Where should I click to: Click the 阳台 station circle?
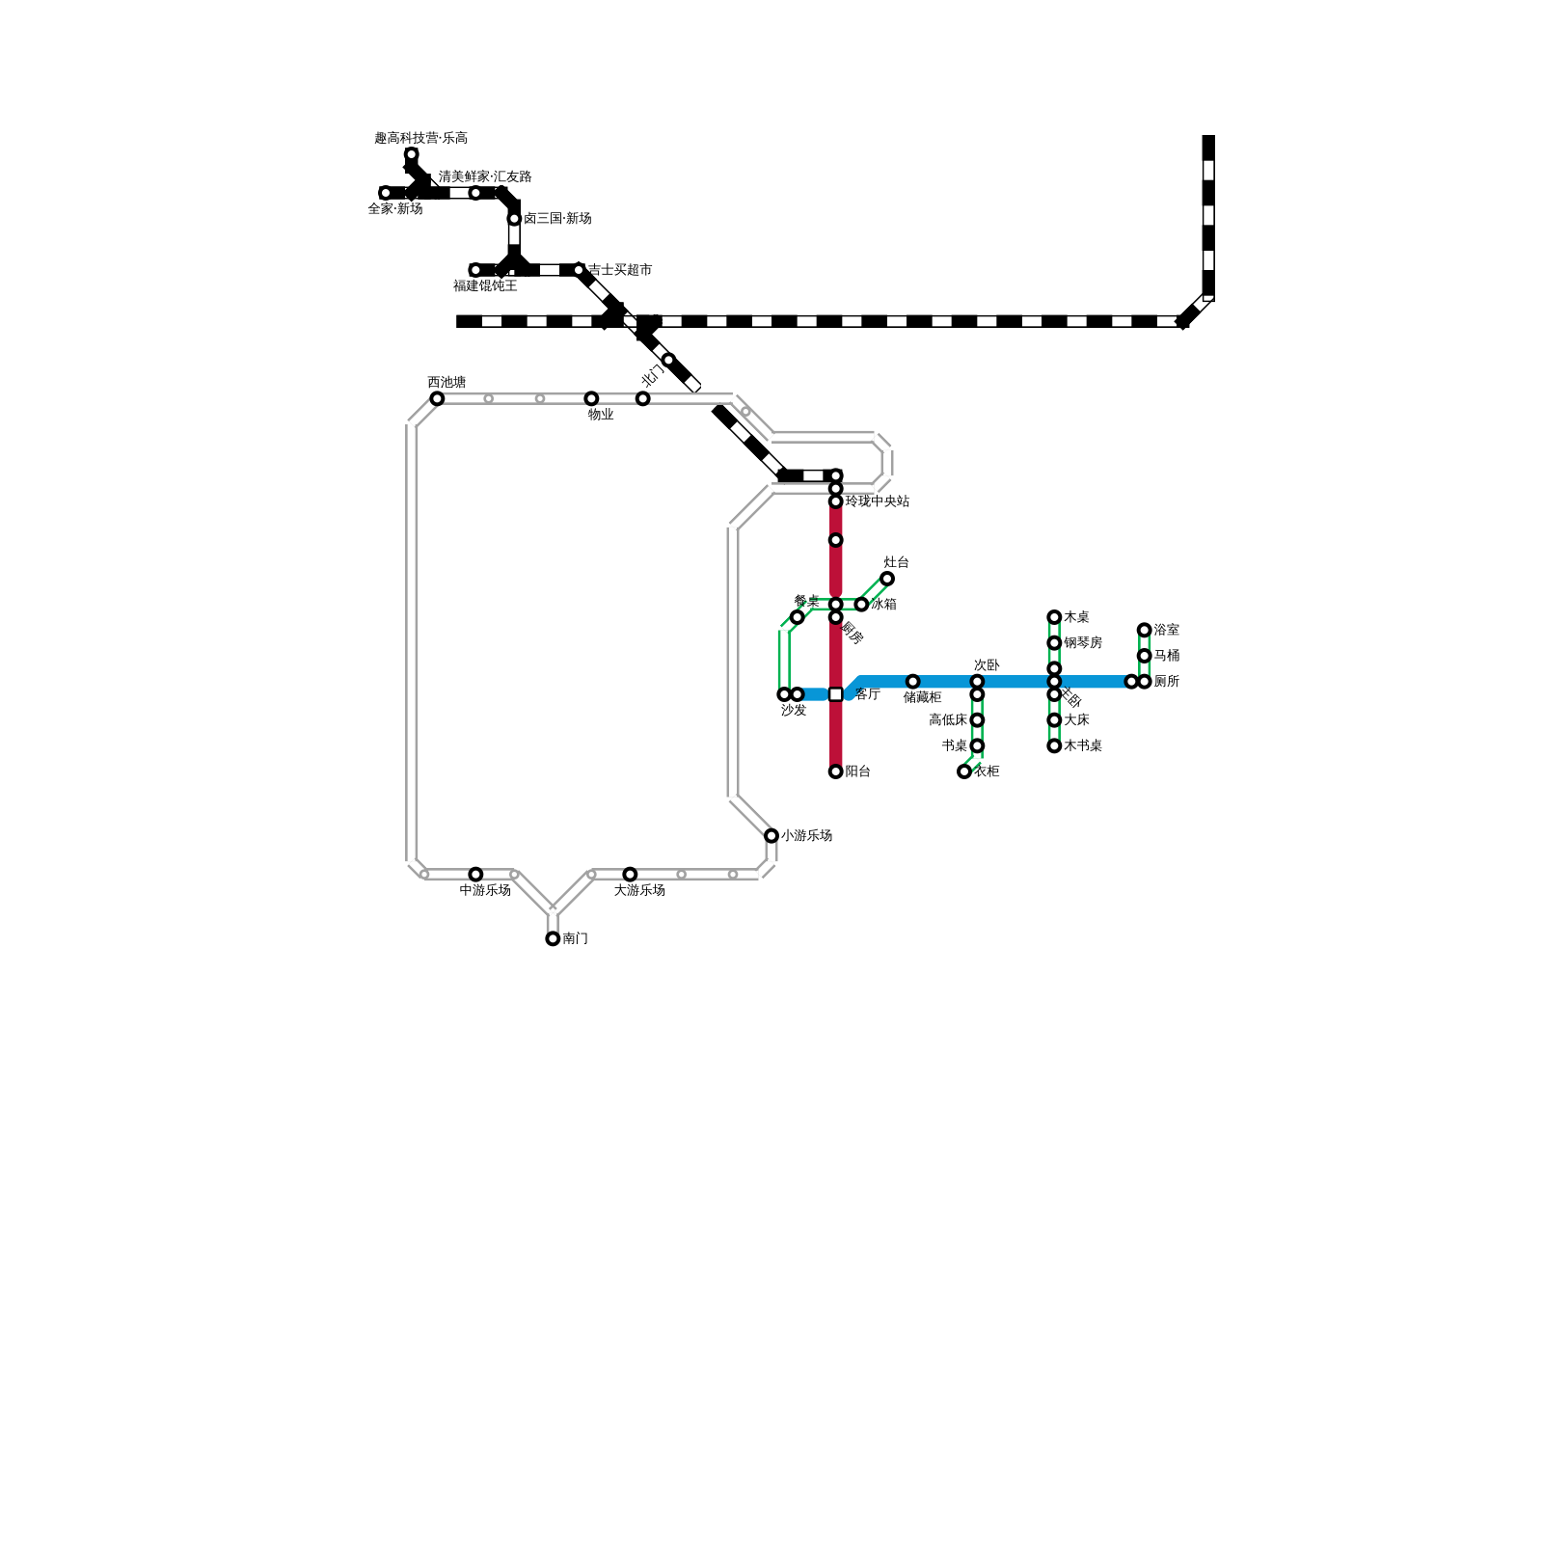835,771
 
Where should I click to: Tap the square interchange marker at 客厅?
835,694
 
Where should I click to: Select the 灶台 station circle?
887,579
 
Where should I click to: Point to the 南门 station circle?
553,938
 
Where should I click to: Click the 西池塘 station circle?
437,398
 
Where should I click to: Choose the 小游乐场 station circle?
771,835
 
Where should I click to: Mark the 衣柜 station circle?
964,771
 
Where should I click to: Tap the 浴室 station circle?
1144,630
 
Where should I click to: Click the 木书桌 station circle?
1054,745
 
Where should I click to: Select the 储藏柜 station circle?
912,682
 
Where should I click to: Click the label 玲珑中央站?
877,501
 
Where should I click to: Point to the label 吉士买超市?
620,270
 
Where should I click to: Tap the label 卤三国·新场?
557,219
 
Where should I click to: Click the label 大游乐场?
639,890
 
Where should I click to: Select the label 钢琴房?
1083,642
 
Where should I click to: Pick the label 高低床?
948,720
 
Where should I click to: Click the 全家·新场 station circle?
386,193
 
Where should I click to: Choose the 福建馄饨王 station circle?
475,270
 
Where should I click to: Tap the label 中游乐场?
485,890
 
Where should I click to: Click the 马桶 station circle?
1144,656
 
